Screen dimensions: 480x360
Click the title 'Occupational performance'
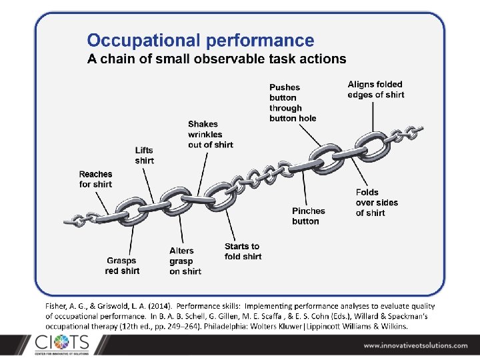point(201,41)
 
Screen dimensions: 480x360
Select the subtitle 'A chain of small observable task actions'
point(217,59)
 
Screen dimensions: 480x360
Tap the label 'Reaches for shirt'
point(96,179)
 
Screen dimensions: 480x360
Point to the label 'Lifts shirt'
point(144,155)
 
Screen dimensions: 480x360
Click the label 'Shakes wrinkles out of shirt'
point(210,134)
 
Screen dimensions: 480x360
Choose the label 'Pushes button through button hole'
point(292,103)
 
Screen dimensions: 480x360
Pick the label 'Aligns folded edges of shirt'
point(375,89)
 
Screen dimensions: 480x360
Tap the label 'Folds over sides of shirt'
point(377,203)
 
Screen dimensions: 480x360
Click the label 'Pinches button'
point(308,216)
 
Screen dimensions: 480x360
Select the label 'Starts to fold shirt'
point(243,251)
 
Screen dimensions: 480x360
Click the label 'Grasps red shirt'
point(123,266)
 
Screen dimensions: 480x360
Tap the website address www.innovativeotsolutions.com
point(416,345)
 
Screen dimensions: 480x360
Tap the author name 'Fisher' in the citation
point(58,305)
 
